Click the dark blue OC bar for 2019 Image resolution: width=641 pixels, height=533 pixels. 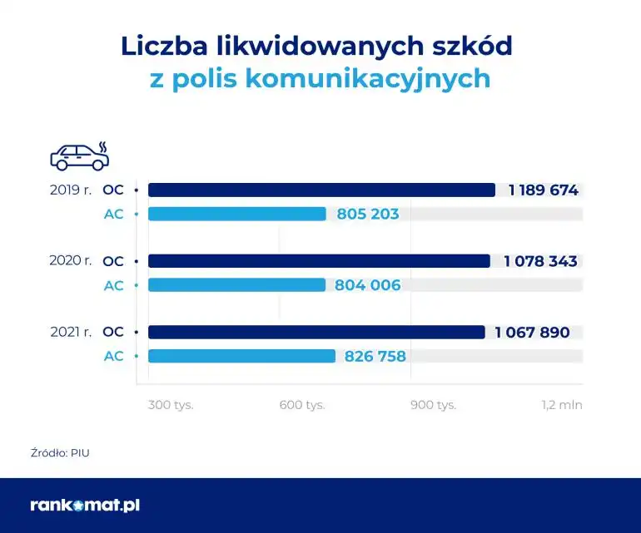(321, 190)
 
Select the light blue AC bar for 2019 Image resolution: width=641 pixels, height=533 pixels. (237, 214)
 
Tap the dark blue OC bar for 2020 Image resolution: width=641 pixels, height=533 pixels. (319, 261)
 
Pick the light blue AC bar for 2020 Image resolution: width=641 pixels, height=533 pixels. (236, 285)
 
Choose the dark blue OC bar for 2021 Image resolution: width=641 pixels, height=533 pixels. (316, 333)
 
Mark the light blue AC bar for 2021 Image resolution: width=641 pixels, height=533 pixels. (241, 356)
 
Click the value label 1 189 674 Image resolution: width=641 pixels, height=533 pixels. (543, 190)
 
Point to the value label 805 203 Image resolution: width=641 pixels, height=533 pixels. (368, 214)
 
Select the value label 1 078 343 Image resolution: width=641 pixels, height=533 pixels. (540, 261)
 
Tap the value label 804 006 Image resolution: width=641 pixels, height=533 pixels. (368, 285)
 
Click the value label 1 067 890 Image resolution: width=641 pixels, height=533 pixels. (532, 333)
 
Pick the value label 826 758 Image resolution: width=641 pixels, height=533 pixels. (375, 356)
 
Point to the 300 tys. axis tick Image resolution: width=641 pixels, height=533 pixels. (170, 405)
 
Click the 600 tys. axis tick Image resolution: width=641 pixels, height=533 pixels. (301, 405)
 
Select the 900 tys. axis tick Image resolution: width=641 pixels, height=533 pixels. (433, 405)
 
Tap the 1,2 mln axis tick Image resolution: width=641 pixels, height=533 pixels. (562, 405)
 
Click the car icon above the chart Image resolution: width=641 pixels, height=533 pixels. (79, 155)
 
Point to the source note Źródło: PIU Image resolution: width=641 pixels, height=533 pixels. (59, 453)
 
